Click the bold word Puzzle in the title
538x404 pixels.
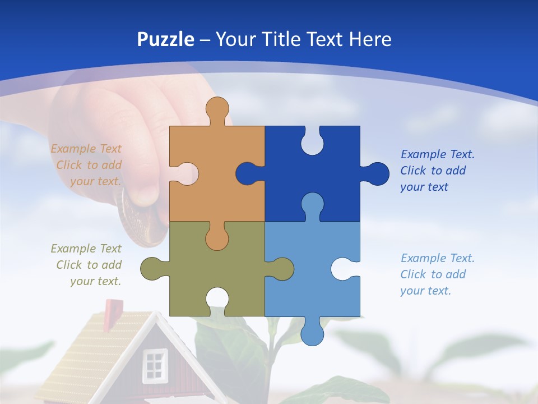[x=166, y=39]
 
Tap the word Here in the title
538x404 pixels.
[x=369, y=39]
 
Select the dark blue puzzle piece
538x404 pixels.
[x=331, y=168]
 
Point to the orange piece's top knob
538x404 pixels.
[x=217, y=109]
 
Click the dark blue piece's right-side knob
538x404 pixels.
[x=377, y=173]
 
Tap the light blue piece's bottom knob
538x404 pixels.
[x=312, y=332]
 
